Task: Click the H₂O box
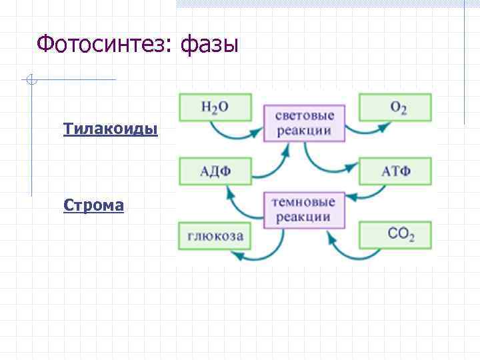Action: (215, 107)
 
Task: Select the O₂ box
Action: (395, 107)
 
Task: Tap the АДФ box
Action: (215, 171)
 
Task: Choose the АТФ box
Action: (395, 171)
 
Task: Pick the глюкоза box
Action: (215, 235)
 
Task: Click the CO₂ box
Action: (395, 235)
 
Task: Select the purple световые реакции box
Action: (305, 123)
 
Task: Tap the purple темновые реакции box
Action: (305, 209)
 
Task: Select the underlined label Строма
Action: (93, 205)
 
